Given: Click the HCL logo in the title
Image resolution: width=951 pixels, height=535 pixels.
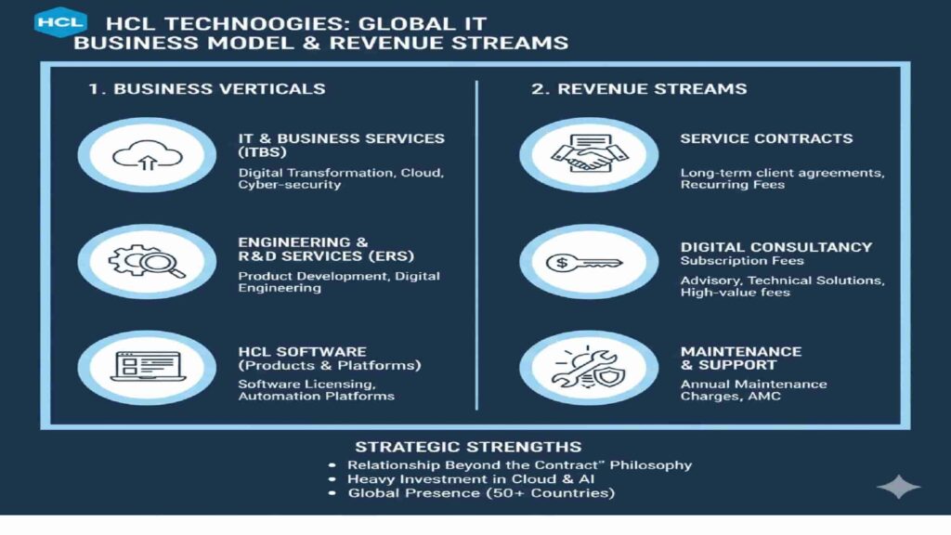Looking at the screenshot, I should [x=60, y=20].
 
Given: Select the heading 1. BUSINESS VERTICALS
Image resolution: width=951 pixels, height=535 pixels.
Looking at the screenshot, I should [x=206, y=89].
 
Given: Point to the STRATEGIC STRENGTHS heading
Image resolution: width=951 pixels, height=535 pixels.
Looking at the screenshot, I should [x=468, y=447].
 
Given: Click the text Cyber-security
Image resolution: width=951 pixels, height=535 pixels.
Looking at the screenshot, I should [x=289, y=185].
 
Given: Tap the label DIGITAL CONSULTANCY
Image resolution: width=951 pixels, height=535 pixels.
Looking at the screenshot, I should [x=775, y=247].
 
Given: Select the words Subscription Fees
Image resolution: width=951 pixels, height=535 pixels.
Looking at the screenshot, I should [x=741, y=261].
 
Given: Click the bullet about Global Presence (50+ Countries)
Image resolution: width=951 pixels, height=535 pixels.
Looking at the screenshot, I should [x=481, y=493].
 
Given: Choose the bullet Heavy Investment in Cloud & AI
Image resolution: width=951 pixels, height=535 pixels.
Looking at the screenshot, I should [x=471, y=479].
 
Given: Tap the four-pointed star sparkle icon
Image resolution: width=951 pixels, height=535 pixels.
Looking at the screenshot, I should [x=898, y=487].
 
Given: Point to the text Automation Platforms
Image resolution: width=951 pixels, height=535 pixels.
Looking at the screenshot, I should [x=316, y=396].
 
